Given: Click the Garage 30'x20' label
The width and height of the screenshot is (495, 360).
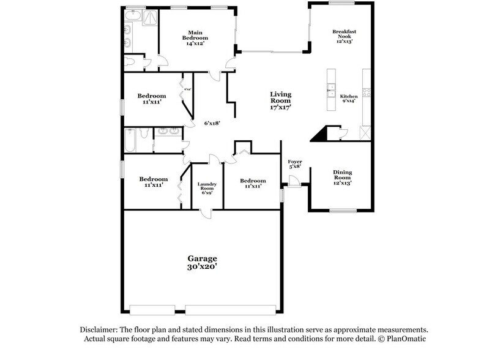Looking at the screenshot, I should point(202,263).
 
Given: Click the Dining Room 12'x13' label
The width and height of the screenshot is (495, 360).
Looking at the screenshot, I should point(342,177).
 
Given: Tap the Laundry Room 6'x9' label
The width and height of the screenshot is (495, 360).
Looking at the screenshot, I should point(207,188).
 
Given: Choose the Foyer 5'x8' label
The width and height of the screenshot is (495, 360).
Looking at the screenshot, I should point(295,164).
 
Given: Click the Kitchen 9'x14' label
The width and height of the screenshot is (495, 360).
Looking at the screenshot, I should point(348,99).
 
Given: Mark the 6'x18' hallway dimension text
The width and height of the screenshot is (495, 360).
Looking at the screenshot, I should point(212,122).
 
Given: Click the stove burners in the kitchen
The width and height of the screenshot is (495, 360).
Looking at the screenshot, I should point(367,92).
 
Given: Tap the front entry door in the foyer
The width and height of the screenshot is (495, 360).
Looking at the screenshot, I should point(294,181).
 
